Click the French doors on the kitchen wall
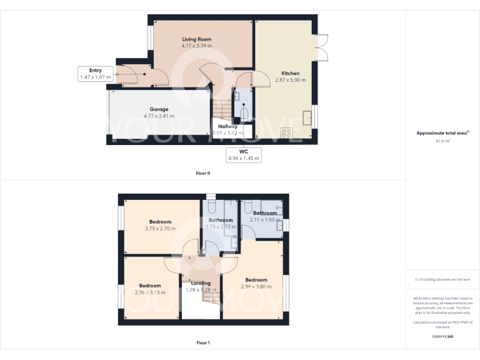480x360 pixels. [321, 47]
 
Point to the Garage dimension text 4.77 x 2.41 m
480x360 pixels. [158, 116]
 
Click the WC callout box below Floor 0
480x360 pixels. [244, 154]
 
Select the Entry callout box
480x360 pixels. [95, 74]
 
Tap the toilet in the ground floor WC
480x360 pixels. [244, 114]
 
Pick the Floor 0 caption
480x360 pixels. [202, 173]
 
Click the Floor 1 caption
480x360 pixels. [202, 342]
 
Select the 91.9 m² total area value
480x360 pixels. [442, 141]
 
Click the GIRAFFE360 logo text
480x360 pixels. [442, 336]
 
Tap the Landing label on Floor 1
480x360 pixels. [200, 283]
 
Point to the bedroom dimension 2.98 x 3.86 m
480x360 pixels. [256, 286]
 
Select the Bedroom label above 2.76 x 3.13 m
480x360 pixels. [150, 286]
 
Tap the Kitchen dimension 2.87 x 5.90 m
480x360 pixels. [290, 80]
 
